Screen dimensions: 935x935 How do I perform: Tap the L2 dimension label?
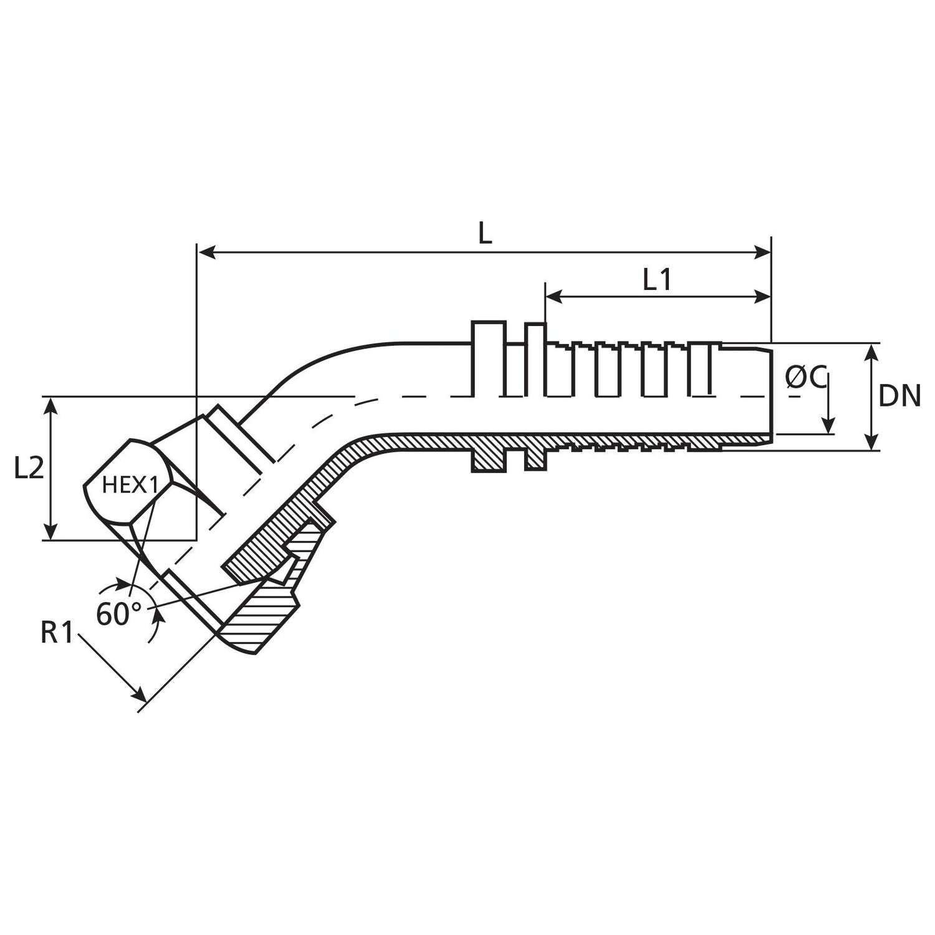point(29,469)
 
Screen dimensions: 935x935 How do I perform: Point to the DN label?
point(899,396)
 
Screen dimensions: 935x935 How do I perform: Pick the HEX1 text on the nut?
point(130,485)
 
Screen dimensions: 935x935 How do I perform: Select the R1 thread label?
point(57,633)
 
